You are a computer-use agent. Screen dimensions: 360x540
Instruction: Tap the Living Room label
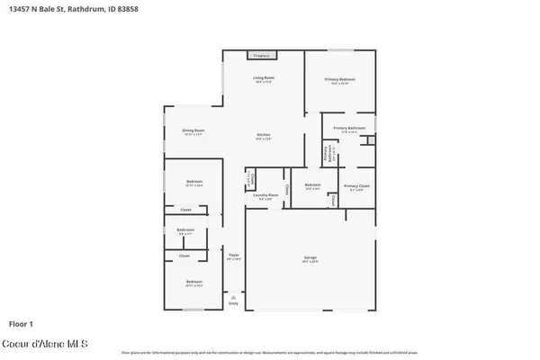(x=263, y=79)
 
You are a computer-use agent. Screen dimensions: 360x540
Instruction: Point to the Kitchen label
(x=263, y=137)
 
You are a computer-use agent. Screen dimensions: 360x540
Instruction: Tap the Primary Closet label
(x=356, y=188)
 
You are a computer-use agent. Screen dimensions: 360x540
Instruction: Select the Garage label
(x=310, y=259)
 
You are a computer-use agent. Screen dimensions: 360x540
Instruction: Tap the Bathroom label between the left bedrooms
(x=185, y=231)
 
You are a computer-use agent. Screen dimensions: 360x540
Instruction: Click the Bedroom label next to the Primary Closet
(x=313, y=187)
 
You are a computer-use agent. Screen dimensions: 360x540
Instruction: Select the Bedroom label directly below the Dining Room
(x=194, y=183)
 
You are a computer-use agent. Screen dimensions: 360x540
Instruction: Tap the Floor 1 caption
(x=21, y=322)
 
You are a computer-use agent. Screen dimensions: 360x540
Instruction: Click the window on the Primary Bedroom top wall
(x=340, y=49)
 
